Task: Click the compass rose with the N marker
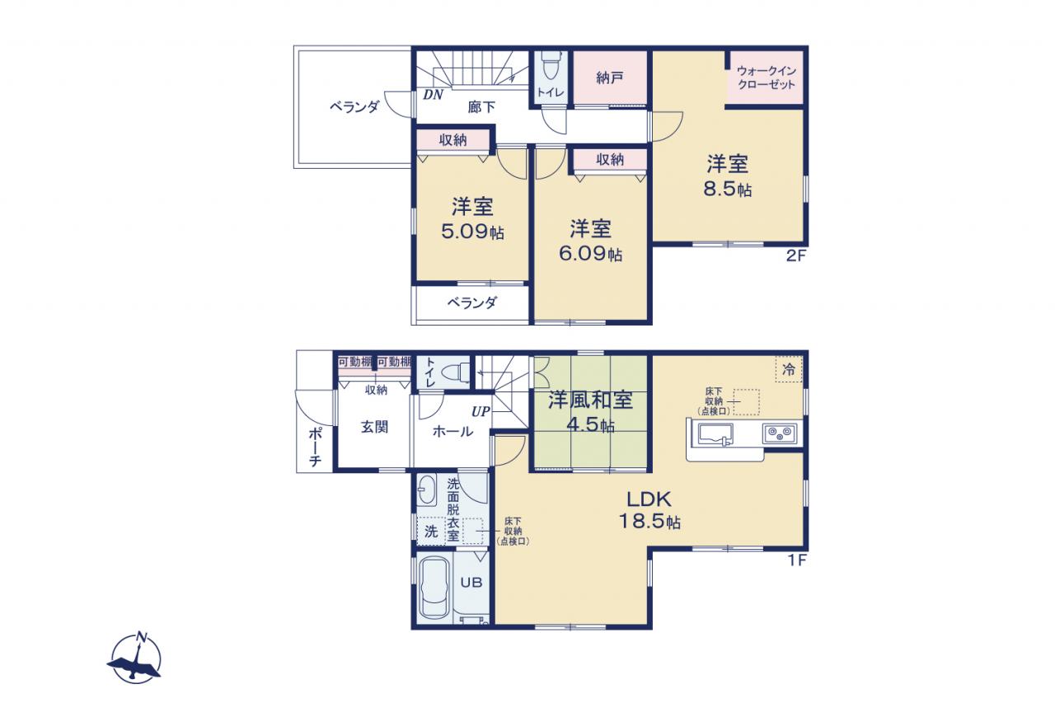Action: pyautogui.click(x=136, y=658)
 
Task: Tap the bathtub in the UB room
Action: pyautogui.click(x=434, y=588)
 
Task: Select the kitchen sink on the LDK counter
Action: pyautogui.click(x=715, y=434)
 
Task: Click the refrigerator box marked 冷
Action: pyautogui.click(x=789, y=369)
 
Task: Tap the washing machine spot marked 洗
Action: pyautogui.click(x=431, y=532)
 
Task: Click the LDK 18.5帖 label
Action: pyautogui.click(x=649, y=510)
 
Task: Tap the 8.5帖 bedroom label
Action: pyautogui.click(x=727, y=176)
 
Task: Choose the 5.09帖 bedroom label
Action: pyautogui.click(x=472, y=219)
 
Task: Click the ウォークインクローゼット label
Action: pyautogui.click(x=767, y=77)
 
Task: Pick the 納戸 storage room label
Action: pyautogui.click(x=610, y=78)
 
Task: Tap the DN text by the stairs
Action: pyautogui.click(x=433, y=95)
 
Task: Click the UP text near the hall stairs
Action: pyautogui.click(x=481, y=412)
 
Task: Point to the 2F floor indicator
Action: pyautogui.click(x=796, y=255)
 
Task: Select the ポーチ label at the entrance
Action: pyautogui.click(x=315, y=448)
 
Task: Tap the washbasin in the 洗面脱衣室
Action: pyautogui.click(x=428, y=490)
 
